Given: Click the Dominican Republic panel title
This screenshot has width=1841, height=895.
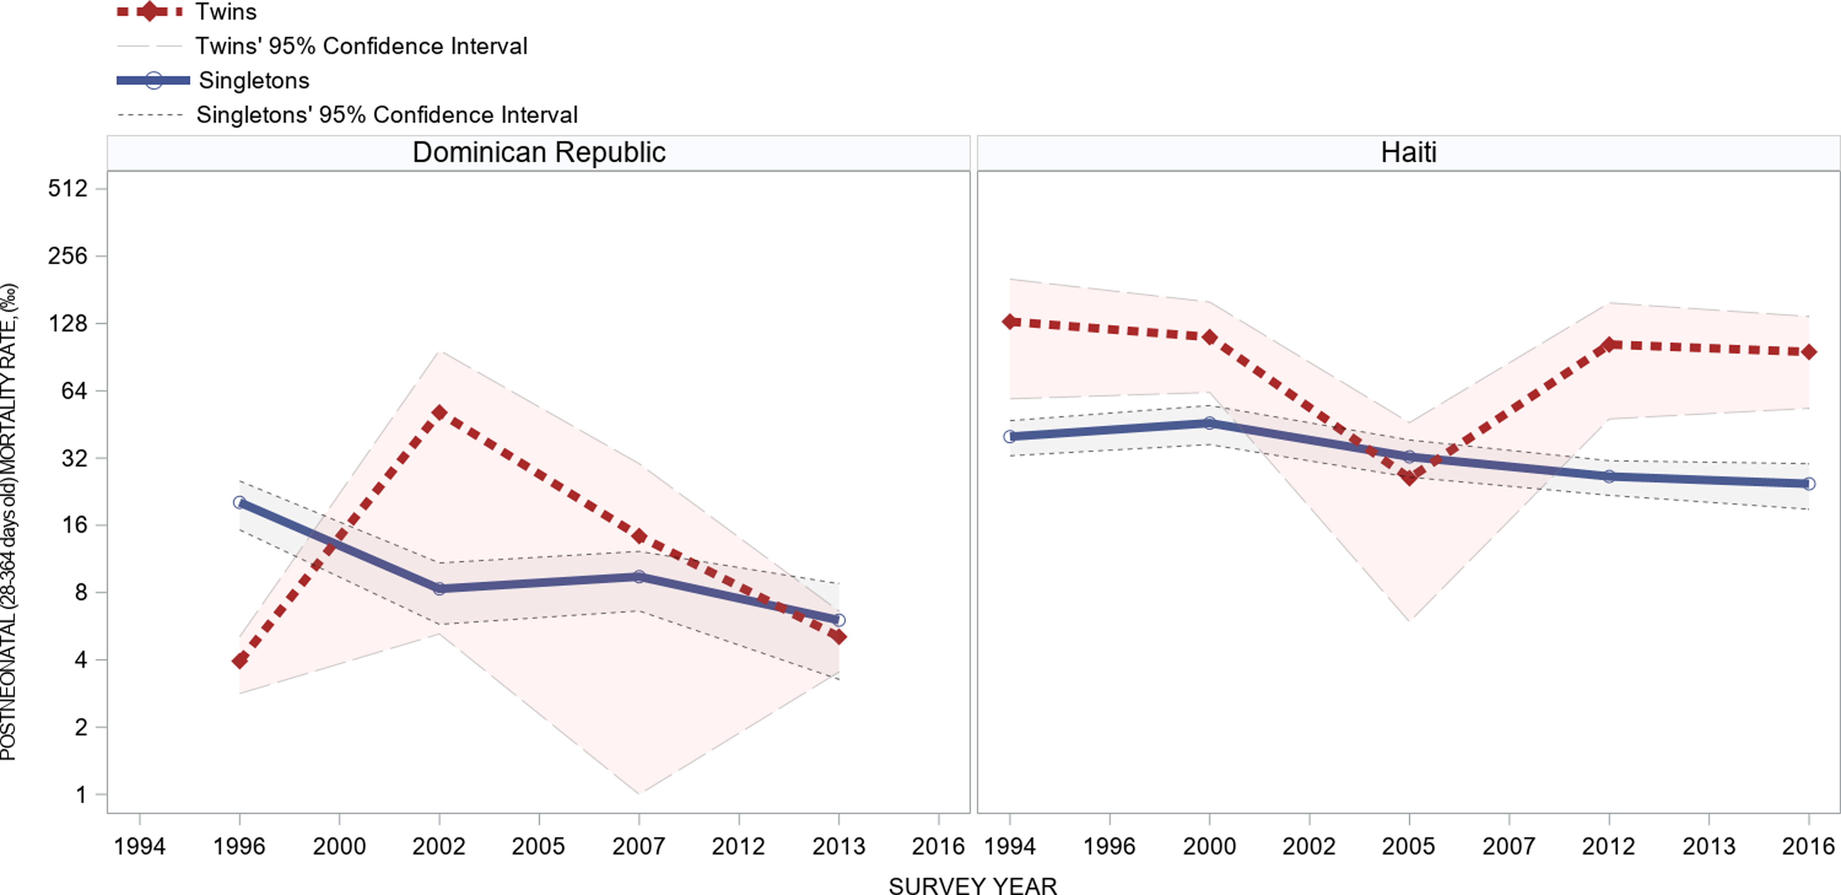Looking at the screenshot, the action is (539, 152).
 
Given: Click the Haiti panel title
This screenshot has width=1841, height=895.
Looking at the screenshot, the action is (1408, 152).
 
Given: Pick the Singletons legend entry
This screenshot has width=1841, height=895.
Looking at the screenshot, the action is (254, 80).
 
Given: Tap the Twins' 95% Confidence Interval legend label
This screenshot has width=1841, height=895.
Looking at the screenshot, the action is (361, 46).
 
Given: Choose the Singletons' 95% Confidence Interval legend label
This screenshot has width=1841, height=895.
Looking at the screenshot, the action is (387, 115).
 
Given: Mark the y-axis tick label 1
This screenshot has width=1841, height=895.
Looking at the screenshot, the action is (81, 794).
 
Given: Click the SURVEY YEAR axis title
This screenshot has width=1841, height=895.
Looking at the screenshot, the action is (973, 886).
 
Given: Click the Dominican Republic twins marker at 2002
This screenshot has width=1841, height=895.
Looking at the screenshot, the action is (439, 413).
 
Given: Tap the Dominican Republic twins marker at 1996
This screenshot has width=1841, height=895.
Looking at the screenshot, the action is (240, 661).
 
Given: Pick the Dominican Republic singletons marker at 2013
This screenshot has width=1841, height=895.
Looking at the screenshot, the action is (839, 620).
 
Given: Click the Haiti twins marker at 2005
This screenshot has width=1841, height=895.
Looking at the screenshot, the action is (1409, 476).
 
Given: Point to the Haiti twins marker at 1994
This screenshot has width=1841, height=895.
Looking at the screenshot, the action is (1010, 322).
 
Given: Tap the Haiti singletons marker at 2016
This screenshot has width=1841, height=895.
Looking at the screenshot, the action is (1809, 484).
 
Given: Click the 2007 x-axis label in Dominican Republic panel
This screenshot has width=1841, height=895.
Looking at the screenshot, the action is (638, 846).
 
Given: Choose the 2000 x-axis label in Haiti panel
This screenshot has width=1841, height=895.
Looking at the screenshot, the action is (1209, 846).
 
